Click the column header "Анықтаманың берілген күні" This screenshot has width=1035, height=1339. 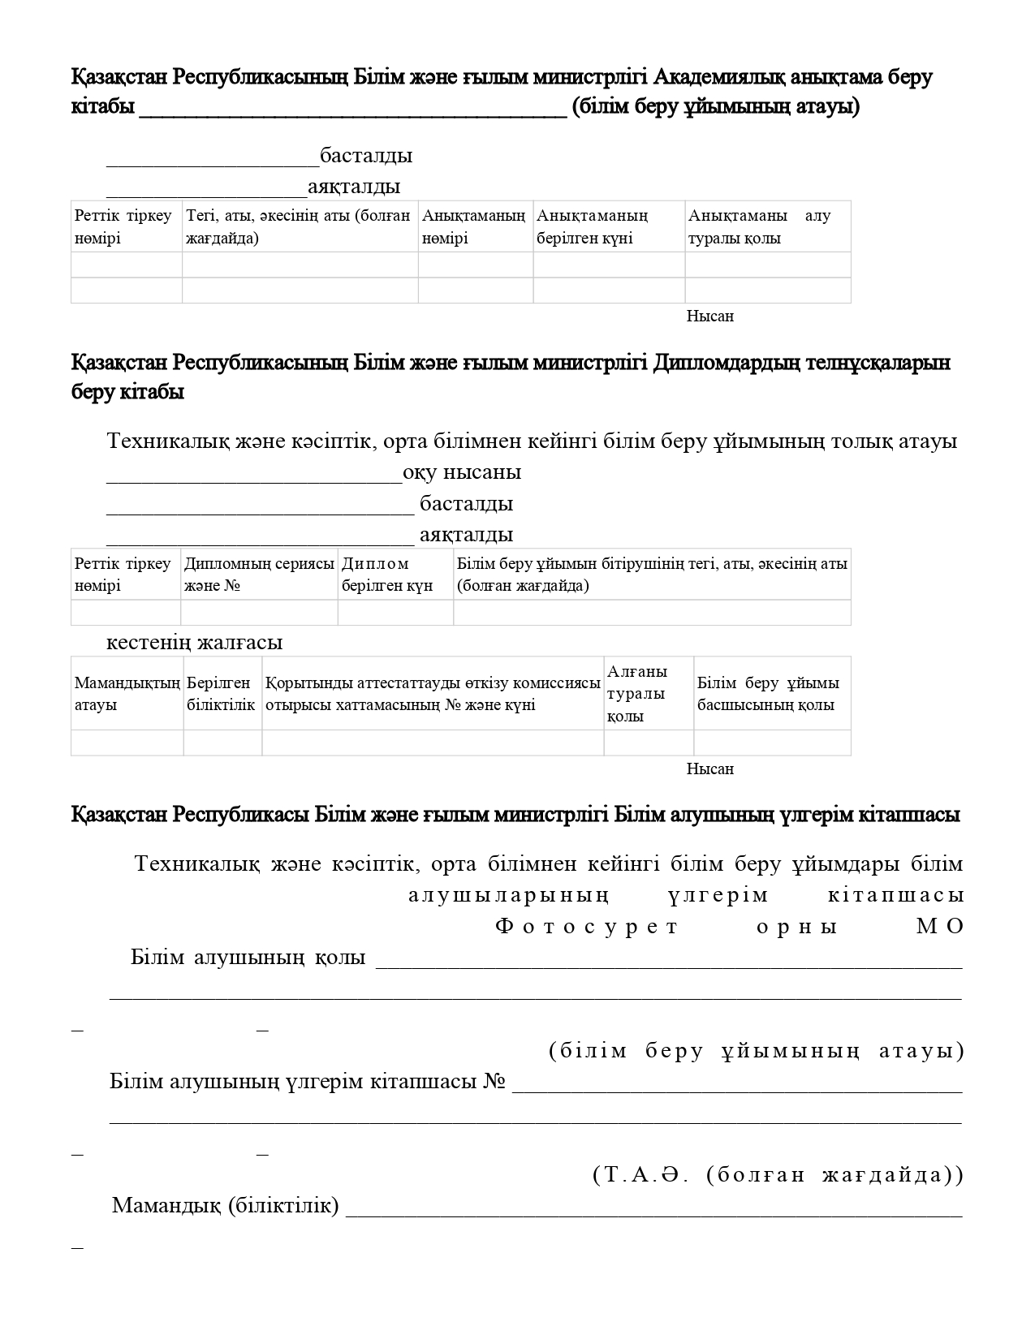593,226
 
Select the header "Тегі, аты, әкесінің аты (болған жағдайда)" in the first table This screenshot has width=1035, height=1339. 299,226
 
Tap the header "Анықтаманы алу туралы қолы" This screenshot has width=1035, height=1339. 759,226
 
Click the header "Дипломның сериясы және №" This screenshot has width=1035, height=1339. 259,574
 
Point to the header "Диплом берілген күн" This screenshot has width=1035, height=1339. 387,574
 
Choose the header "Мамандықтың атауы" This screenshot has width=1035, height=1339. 127,693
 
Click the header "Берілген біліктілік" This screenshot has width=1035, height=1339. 221,693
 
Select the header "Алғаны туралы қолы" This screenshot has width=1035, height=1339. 637,693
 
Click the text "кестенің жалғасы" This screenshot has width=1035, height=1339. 195,642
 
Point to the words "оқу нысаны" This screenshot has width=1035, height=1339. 462,471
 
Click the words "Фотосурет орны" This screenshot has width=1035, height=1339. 666,926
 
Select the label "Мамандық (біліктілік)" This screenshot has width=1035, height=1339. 226,1205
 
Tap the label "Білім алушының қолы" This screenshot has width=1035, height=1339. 248,958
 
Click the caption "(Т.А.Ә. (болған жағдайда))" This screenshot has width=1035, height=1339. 778,1174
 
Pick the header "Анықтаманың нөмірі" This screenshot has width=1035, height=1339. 474,226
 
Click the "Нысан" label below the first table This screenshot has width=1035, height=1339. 709,316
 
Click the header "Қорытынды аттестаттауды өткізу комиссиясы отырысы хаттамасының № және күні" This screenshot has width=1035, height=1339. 433,693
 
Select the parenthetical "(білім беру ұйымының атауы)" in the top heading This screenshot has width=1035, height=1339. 715,107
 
